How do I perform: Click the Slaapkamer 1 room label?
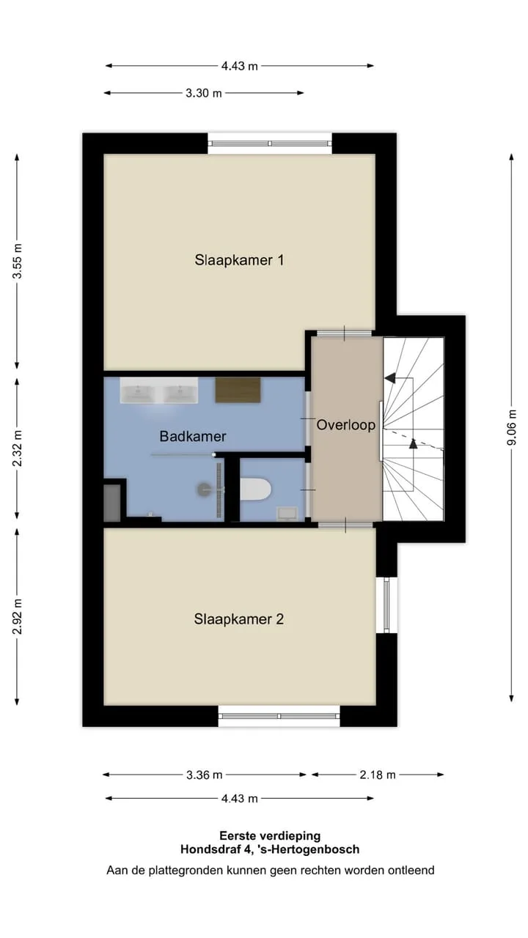(239, 260)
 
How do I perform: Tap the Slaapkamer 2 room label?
(239, 619)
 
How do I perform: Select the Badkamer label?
(193, 436)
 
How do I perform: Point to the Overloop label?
(345, 425)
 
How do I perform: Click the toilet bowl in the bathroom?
(255, 489)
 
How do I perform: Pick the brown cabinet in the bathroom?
(238, 390)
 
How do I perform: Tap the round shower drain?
(205, 489)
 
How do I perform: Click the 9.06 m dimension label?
(512, 427)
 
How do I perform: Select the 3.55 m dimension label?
(17, 261)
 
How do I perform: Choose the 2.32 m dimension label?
(17, 448)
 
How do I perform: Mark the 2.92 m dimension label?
(17, 616)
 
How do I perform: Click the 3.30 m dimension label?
(204, 93)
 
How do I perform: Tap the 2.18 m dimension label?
(378, 775)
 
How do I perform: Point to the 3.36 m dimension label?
(204, 775)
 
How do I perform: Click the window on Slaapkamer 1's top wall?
(271, 143)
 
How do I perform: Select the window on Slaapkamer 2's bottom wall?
(279, 716)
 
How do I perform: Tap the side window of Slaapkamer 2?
(386, 605)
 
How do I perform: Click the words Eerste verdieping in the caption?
(270, 836)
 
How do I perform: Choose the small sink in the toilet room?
(287, 514)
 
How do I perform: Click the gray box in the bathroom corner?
(112, 503)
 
